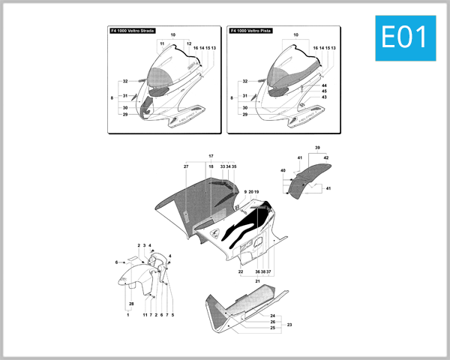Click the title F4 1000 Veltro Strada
[x=132, y=31]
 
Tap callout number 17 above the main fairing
[x=211, y=157]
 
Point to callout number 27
[x=186, y=166]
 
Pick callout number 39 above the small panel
[x=317, y=147]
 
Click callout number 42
[x=326, y=157]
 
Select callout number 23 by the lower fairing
[x=289, y=324]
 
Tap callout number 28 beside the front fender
[x=131, y=303]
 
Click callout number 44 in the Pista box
[x=324, y=85]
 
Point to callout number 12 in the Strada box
[x=189, y=43]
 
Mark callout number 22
[x=241, y=271]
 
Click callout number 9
[x=244, y=192]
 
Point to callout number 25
[x=273, y=328]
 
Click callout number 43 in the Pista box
[x=324, y=97]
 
